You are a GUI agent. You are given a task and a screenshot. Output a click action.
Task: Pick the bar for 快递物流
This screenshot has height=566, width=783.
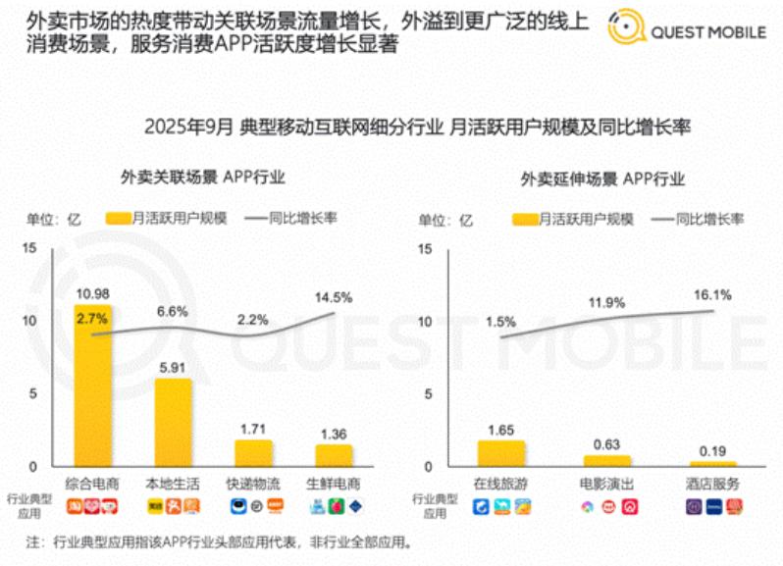(251, 452)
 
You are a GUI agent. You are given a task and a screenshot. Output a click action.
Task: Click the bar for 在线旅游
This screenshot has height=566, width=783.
(500, 453)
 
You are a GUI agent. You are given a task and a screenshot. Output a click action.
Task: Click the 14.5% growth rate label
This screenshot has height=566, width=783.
(333, 296)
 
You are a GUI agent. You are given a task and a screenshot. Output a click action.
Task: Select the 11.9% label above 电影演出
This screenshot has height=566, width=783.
(607, 303)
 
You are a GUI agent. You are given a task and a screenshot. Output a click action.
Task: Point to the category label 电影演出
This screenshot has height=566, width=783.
(607, 485)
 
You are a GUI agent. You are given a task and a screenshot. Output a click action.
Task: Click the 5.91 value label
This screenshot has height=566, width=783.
(172, 366)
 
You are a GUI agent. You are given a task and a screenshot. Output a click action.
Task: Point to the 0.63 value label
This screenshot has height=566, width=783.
(607, 443)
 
